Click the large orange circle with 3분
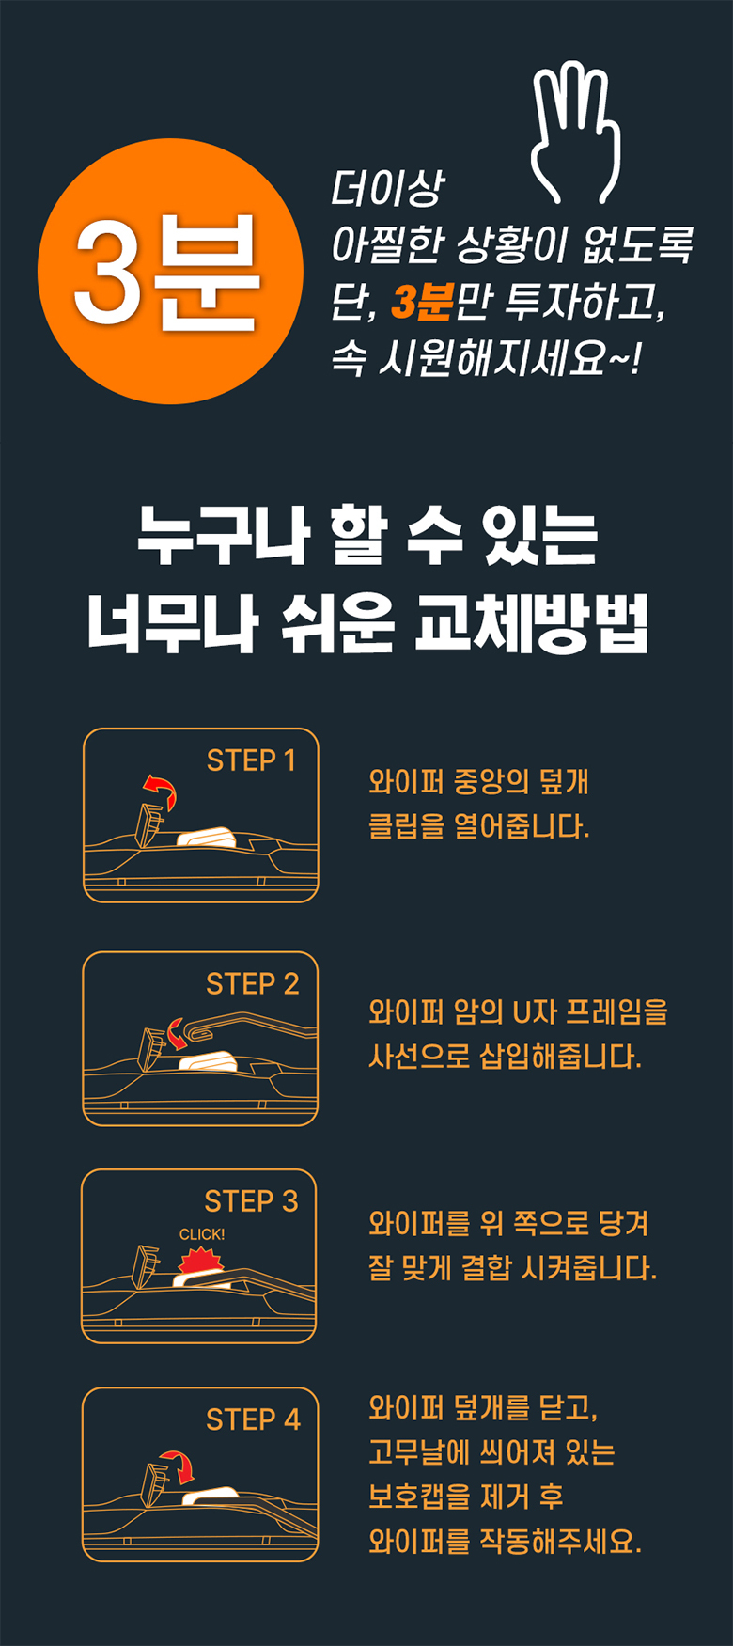click(170, 272)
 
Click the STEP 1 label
click(251, 760)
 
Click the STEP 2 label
click(252, 984)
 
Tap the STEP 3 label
click(251, 1201)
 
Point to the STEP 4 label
click(253, 1419)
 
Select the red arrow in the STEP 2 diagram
click(176, 1032)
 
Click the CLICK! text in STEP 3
click(202, 1234)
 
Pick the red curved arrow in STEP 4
click(177, 1466)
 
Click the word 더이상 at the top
click(386, 189)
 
